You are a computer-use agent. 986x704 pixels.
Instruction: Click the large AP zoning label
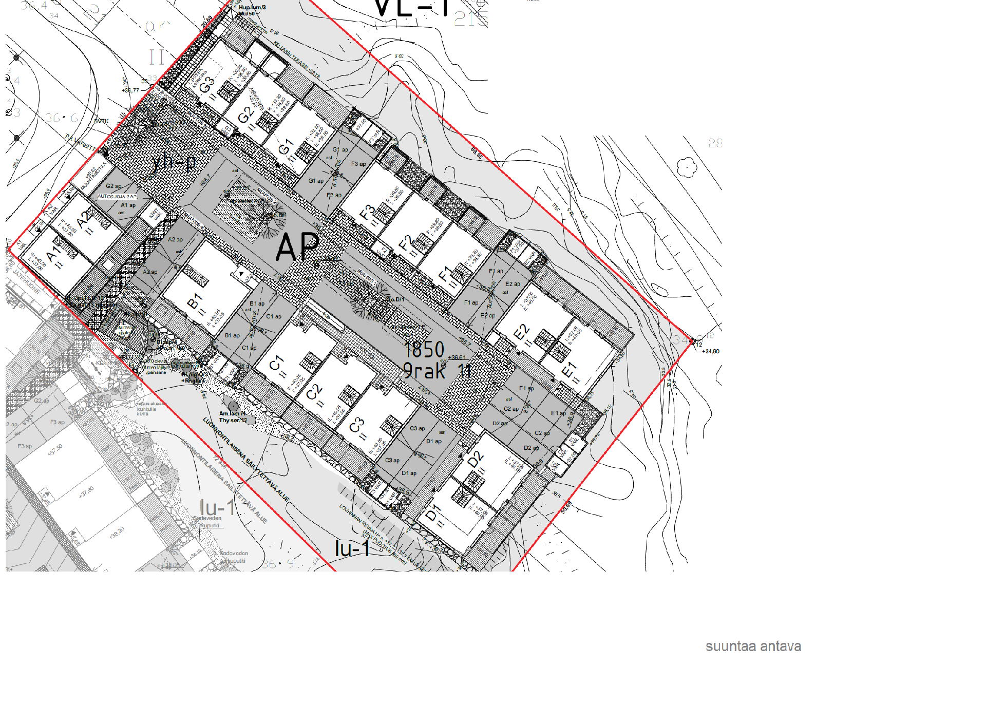pyautogui.click(x=297, y=246)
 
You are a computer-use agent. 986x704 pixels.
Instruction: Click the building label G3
pyautogui.click(x=206, y=85)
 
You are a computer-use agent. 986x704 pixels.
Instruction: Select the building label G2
pyautogui.click(x=245, y=115)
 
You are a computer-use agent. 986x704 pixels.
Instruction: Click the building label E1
pyautogui.click(x=569, y=370)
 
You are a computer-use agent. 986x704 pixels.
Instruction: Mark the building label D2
pyautogui.click(x=476, y=460)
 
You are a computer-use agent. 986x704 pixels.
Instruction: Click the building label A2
pyautogui.click(x=84, y=220)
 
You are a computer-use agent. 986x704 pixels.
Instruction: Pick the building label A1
pyautogui.click(x=53, y=254)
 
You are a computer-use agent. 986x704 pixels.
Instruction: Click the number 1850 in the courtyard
pyautogui.click(x=424, y=350)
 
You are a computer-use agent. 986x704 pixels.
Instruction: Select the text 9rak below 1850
pyautogui.click(x=424, y=371)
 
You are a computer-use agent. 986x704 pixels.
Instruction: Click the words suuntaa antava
pyautogui.click(x=753, y=646)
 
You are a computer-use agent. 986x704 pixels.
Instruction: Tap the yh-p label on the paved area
pyautogui.click(x=175, y=162)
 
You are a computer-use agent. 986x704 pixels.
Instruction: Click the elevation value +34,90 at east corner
pyautogui.click(x=711, y=352)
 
